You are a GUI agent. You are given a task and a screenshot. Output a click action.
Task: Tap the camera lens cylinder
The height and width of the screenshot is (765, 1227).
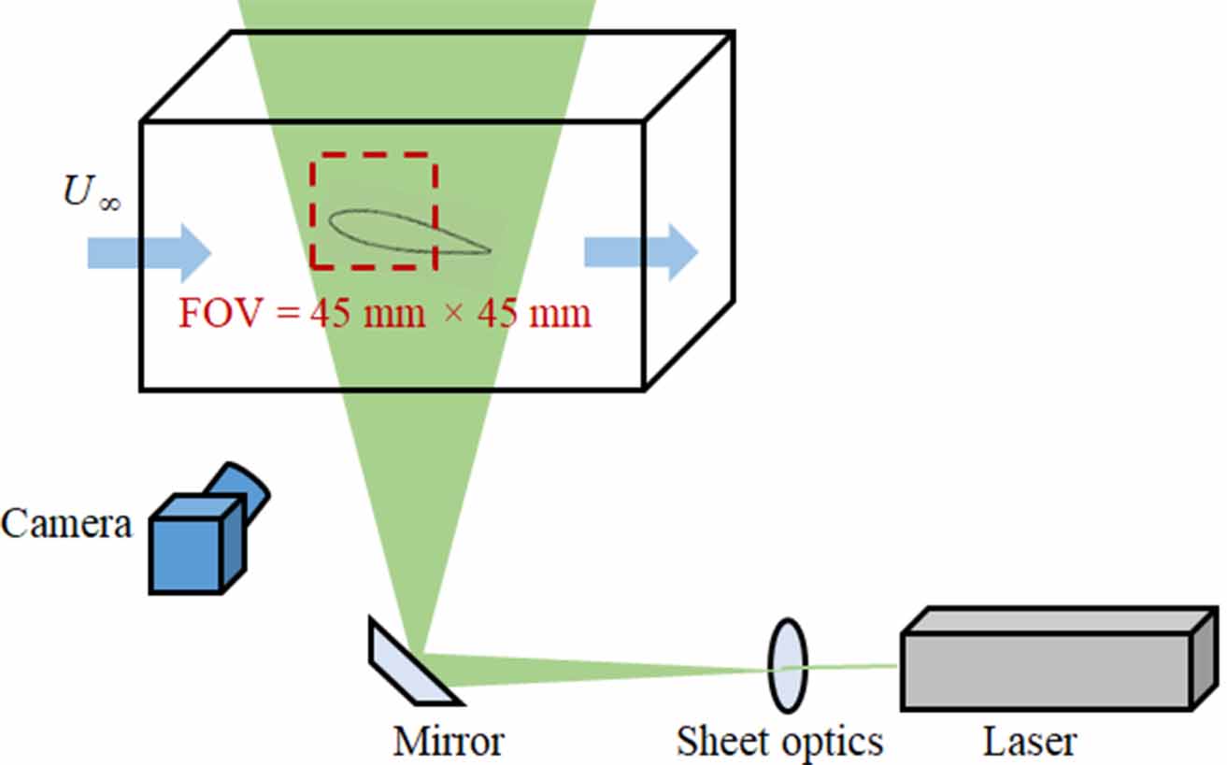tap(238, 489)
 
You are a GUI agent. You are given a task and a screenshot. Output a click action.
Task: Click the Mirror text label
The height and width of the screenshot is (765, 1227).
tap(449, 742)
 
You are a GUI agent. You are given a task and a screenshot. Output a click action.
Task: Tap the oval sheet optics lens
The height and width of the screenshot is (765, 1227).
tap(787, 665)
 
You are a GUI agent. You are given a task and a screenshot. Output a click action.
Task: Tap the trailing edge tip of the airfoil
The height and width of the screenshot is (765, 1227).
tap(488, 250)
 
